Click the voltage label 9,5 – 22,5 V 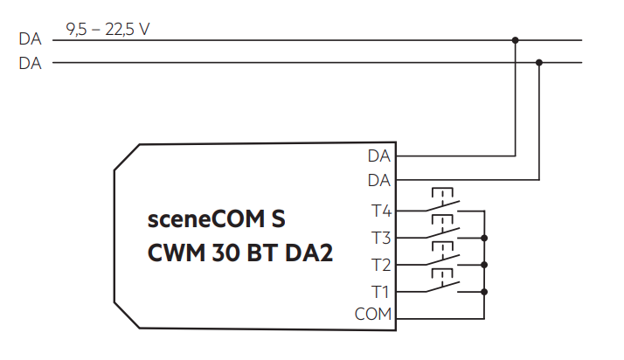click(107, 30)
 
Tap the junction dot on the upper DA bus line click(515, 40)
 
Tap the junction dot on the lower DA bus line click(538, 63)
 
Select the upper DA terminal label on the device click(379, 156)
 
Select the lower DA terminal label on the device click(379, 180)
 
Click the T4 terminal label click(381, 211)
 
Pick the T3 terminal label click(381, 238)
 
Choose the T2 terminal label click(381, 265)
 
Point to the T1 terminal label click(381, 292)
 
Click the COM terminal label click(374, 315)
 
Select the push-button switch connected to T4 click(444, 203)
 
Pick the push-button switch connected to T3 click(444, 230)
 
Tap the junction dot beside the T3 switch click(483, 238)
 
